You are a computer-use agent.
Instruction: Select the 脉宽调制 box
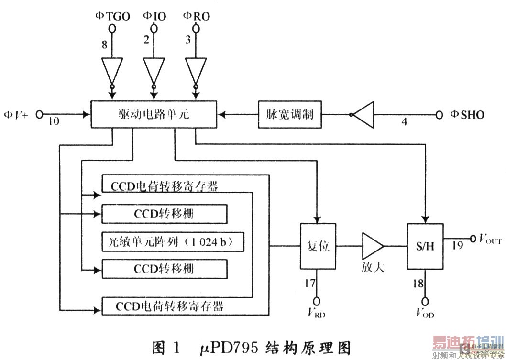[289, 115]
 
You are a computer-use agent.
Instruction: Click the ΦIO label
[154, 16]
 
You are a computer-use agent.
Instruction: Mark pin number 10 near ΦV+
[54, 122]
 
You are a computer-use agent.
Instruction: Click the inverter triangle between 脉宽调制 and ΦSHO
[362, 115]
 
